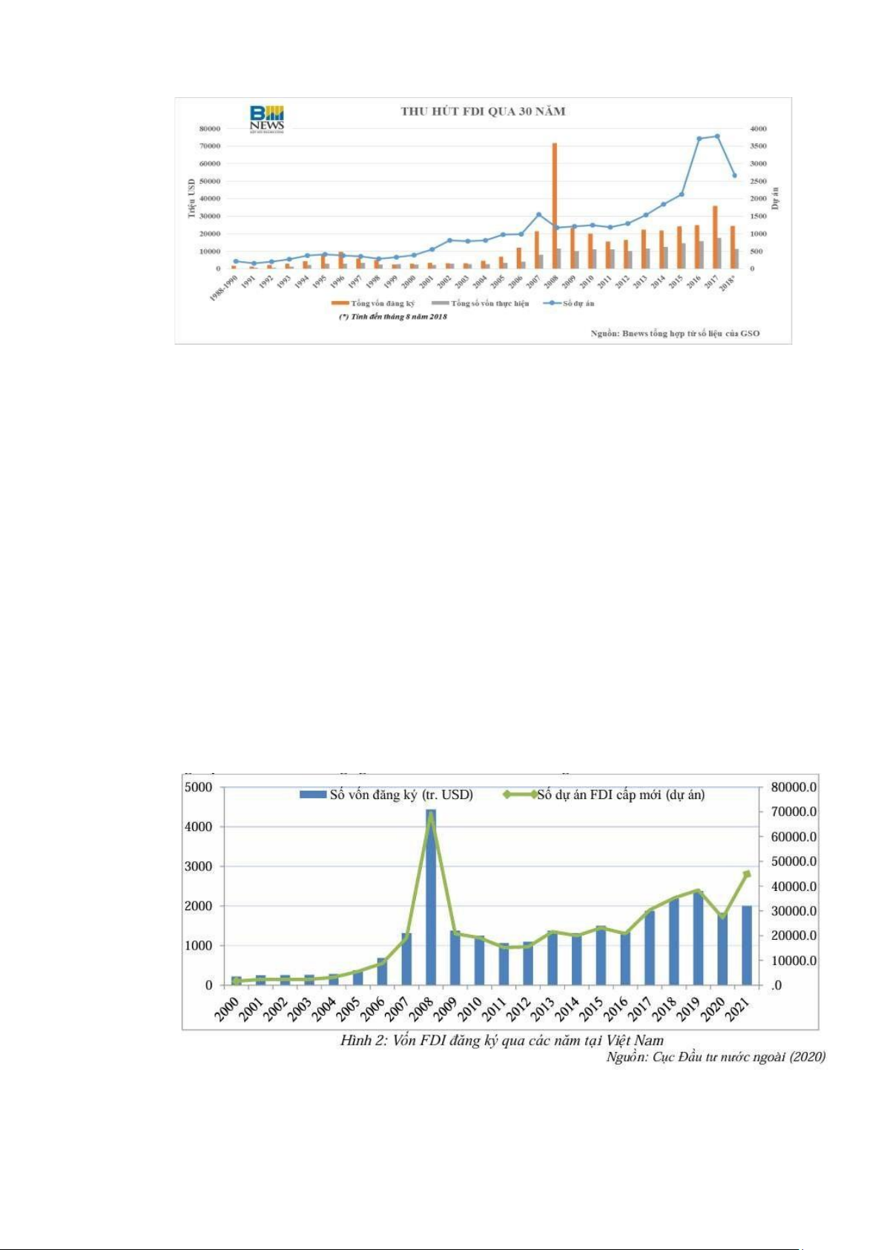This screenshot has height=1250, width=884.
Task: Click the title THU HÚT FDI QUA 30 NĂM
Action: tap(483, 111)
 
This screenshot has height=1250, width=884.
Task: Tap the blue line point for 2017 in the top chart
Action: tap(717, 136)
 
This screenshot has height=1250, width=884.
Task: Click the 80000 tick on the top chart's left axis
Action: tap(210, 128)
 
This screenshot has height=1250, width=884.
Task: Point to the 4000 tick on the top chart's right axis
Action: tap(758, 128)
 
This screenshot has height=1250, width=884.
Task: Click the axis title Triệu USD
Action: tap(191, 198)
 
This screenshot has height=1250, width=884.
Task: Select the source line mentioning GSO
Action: tap(675, 333)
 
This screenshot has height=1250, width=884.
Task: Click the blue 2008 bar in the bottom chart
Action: tap(430, 897)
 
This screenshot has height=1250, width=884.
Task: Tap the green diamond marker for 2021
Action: tap(747, 874)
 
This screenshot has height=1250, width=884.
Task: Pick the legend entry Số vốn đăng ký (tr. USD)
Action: tap(386, 795)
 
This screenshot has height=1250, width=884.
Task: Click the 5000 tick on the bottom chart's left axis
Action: tap(198, 787)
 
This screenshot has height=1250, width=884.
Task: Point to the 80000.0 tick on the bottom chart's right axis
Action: tap(794, 787)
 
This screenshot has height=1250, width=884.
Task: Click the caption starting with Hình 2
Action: tap(501, 1040)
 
